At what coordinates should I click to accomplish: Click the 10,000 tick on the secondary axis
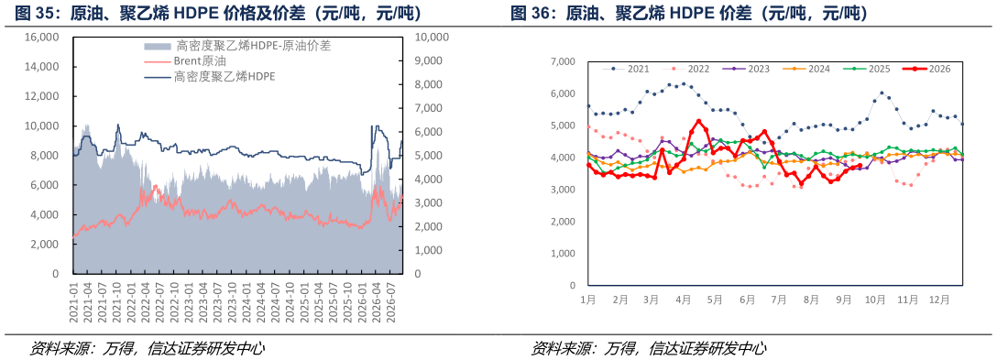tap(432, 38)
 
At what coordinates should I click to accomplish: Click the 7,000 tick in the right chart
tap(564, 61)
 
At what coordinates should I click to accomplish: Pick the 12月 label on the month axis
tap(938, 299)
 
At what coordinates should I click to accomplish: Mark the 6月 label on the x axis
tap(748, 299)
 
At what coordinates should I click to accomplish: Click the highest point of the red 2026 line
tap(699, 121)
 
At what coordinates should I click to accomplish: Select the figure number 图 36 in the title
tap(527, 13)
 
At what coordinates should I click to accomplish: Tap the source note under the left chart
tap(147, 349)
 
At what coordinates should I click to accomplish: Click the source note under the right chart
tap(648, 349)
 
